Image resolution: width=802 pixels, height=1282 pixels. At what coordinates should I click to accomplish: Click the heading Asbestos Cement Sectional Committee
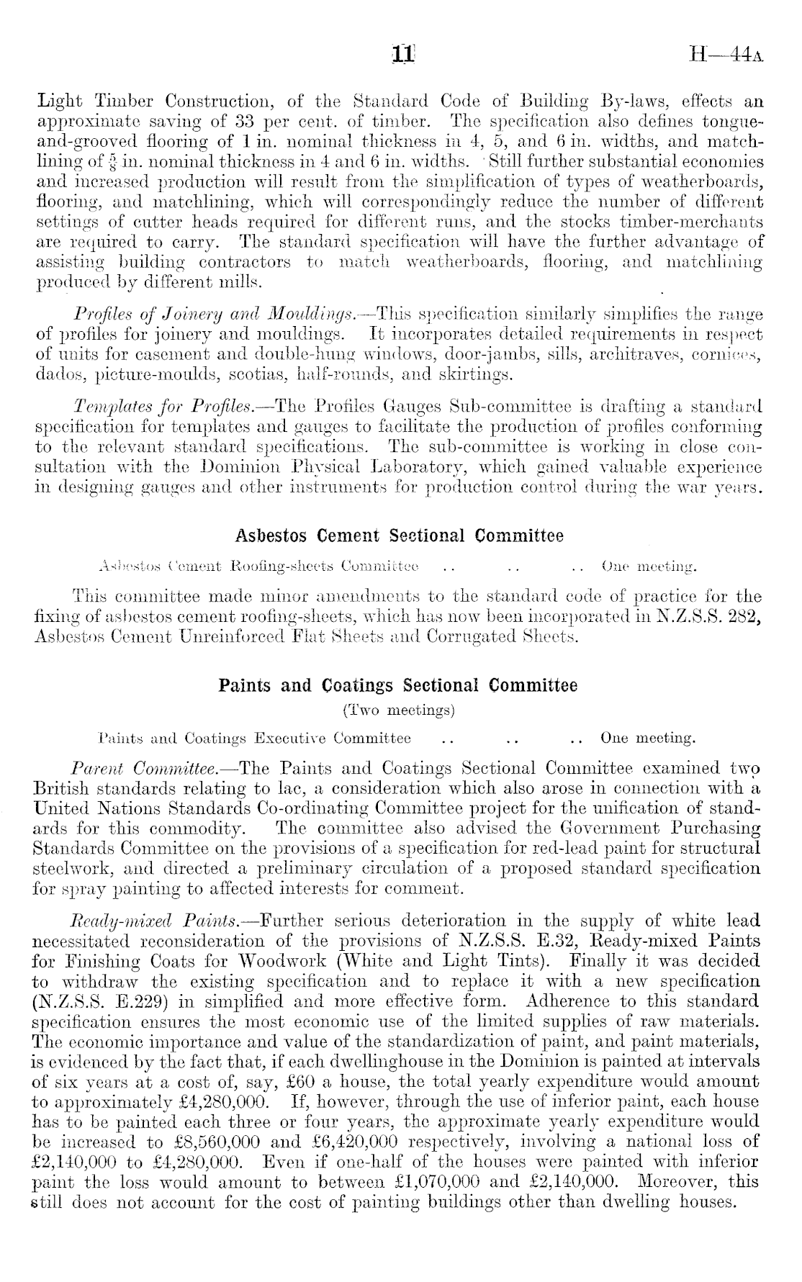[400, 536]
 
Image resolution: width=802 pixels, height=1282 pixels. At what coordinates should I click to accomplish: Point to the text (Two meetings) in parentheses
[399, 711]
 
